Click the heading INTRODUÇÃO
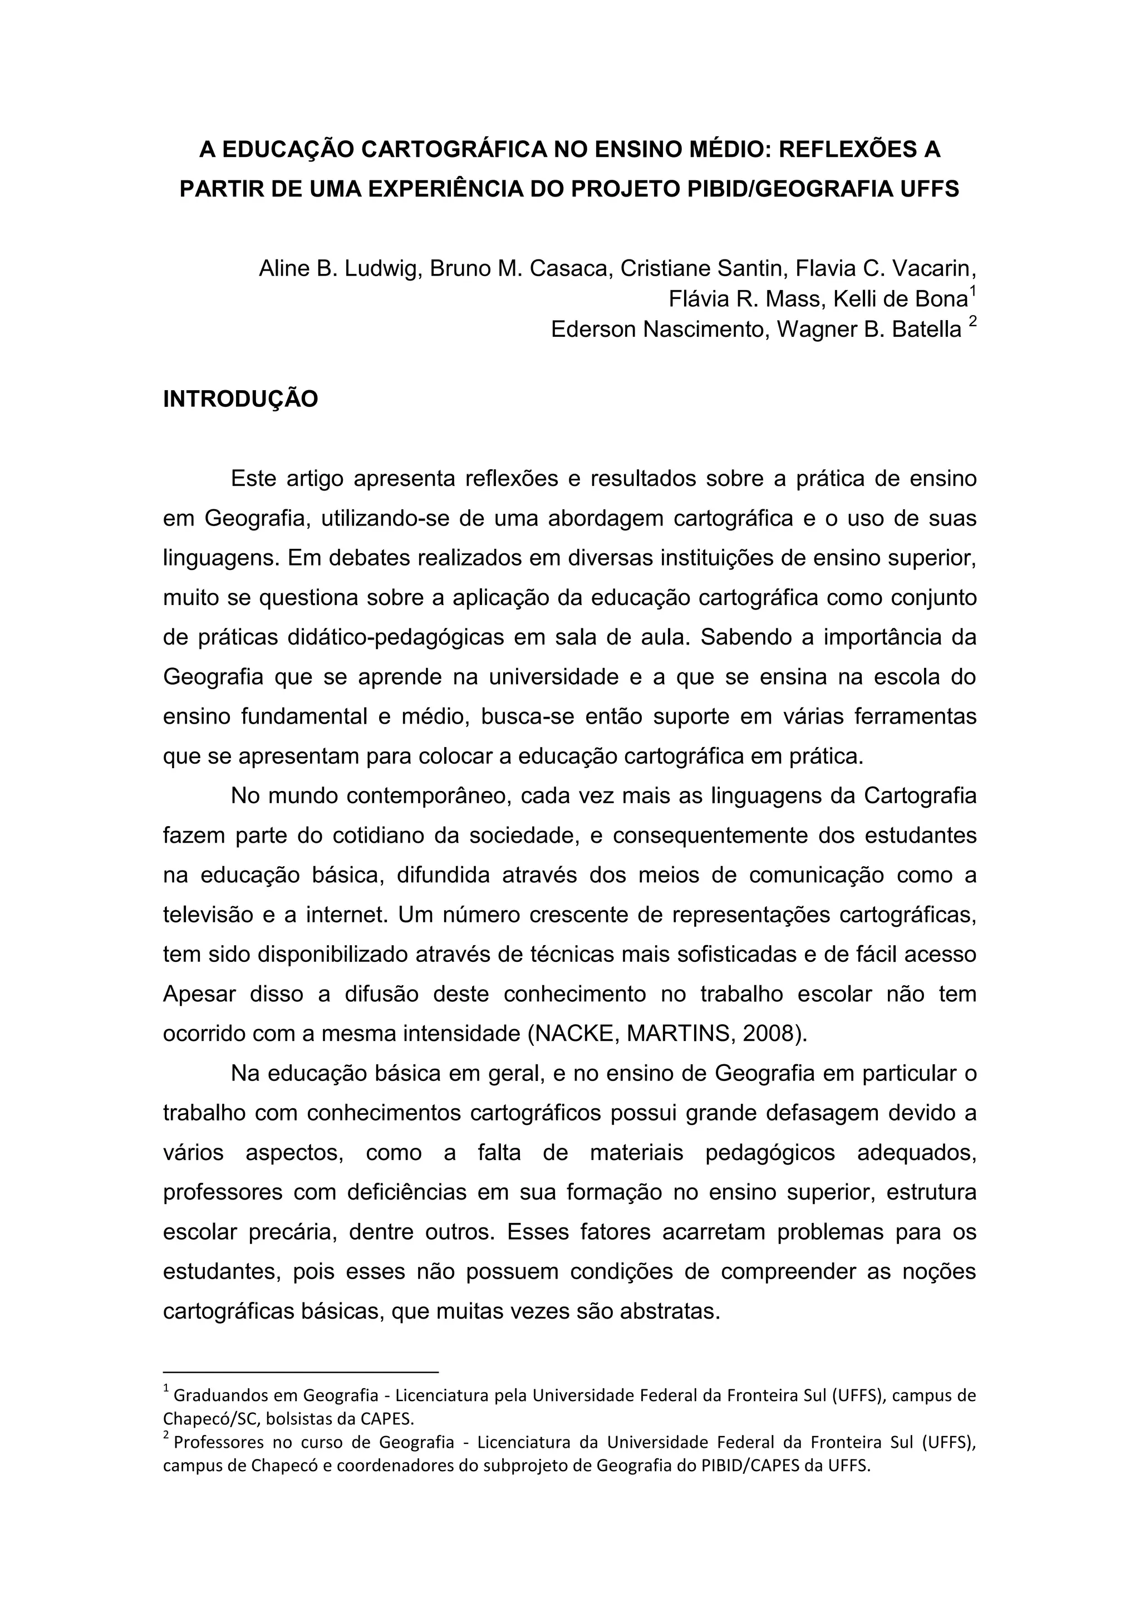pyautogui.click(x=240, y=399)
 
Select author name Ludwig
pyautogui.click(x=382, y=268)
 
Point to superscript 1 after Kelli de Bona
pyautogui.click(x=972, y=292)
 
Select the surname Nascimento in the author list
pyautogui.click(x=699, y=330)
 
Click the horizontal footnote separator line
pyautogui.click(x=301, y=1371)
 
